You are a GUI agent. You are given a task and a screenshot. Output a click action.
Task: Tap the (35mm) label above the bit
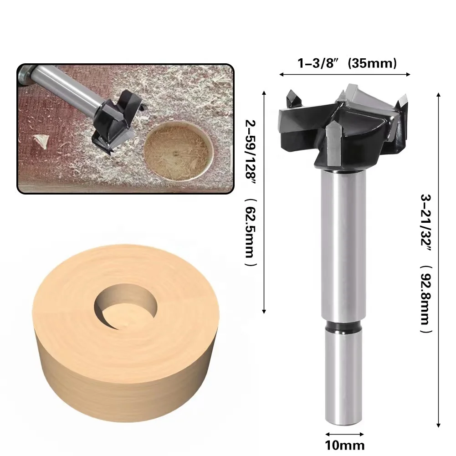(372, 63)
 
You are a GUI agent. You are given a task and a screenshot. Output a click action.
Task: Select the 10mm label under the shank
(345, 444)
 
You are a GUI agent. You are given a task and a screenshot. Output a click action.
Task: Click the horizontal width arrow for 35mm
(345, 74)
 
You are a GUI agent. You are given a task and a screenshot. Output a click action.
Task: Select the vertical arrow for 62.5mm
(264, 200)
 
